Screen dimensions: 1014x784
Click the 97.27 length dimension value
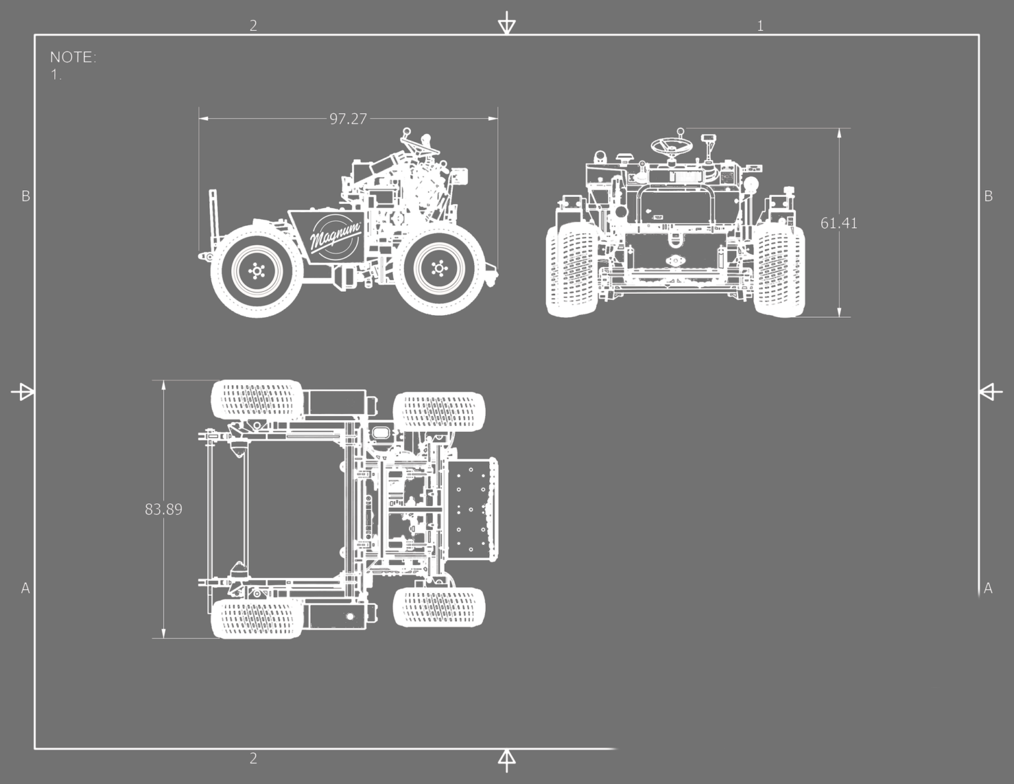tap(348, 119)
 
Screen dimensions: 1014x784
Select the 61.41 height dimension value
tap(838, 223)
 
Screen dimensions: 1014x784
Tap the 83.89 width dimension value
tap(163, 509)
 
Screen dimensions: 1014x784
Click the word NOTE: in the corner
tap(73, 57)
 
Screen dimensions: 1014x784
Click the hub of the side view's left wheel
tap(257, 271)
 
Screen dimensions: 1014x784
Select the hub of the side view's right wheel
tap(438, 268)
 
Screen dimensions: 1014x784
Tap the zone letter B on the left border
tap(26, 196)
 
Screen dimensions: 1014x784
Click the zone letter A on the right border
tap(988, 588)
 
